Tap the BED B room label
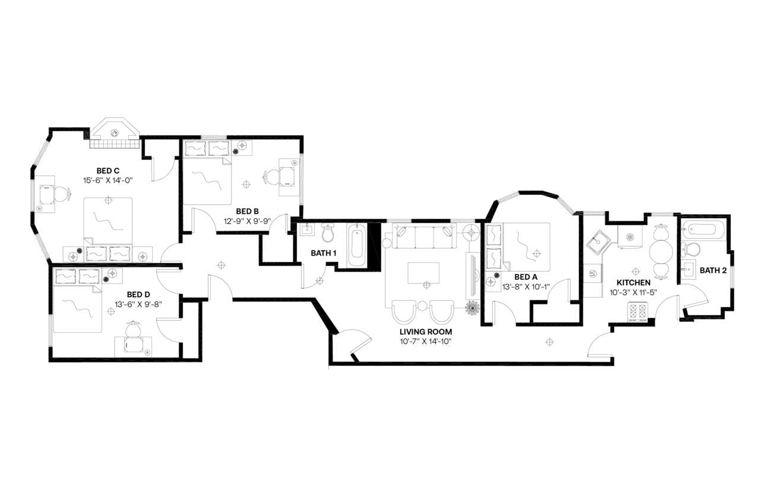pyautogui.click(x=247, y=211)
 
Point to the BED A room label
pyautogui.click(x=525, y=277)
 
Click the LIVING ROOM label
pyautogui.click(x=426, y=332)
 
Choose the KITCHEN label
pyautogui.click(x=633, y=282)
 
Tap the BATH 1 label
pyautogui.click(x=324, y=253)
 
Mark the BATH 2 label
pyautogui.click(x=712, y=270)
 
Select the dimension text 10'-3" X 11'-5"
pyautogui.click(x=633, y=292)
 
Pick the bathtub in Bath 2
pyautogui.click(x=703, y=228)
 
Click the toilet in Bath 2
pyautogui.click(x=691, y=248)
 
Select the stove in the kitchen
pyautogui.click(x=638, y=311)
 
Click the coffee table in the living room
pyautogui.click(x=423, y=273)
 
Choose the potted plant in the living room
pyautogui.click(x=473, y=308)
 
